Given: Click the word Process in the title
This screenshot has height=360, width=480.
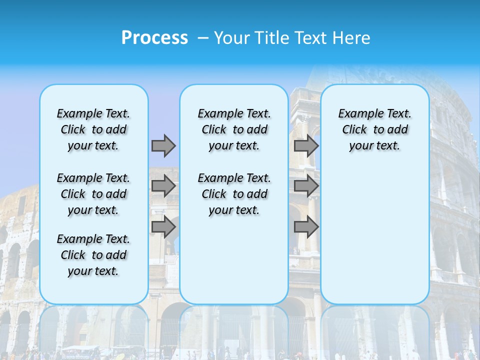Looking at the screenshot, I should point(154,37).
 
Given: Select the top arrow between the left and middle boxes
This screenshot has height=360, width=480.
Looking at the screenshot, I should point(163,145).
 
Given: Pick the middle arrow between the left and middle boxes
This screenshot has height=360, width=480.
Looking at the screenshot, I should point(163,186).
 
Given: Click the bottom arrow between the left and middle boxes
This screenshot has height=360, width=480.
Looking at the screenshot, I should point(163,227).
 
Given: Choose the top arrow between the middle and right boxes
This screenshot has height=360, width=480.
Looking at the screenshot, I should point(306,145).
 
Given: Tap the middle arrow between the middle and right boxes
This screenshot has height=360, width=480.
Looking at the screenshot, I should point(306,186).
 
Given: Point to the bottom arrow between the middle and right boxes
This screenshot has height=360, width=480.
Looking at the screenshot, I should point(306,227).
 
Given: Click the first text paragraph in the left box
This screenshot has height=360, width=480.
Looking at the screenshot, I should point(93,129).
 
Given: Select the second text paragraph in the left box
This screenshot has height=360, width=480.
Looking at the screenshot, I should point(93,194).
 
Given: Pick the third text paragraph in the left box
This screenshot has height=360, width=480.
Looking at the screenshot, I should point(93,255).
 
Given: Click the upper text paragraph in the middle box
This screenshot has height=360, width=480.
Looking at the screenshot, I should point(234,129).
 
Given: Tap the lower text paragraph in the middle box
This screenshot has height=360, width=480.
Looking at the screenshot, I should point(234,194).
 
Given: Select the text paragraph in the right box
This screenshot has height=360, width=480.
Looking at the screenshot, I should point(375,129).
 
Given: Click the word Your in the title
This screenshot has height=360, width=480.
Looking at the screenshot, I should point(232,38).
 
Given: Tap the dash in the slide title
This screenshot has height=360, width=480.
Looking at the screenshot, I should point(203,38).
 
